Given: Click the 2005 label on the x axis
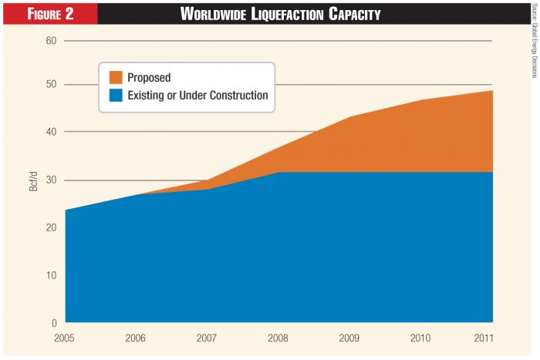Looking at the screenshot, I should point(66,338).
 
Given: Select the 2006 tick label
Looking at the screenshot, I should point(137,338).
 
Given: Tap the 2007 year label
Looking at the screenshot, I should point(208,338).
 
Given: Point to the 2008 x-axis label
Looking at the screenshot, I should point(278,338).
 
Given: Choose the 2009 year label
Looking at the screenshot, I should point(350,338).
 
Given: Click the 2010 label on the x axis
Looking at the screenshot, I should point(421,338).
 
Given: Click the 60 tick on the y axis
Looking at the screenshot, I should point(51,40).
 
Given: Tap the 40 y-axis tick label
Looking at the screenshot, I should point(51,132).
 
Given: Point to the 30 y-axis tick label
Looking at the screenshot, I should point(51,180).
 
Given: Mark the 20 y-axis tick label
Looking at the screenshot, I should point(51,227).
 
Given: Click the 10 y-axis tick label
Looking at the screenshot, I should point(51,275).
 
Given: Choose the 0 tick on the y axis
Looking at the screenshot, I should point(53,323).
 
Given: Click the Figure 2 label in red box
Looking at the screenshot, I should point(48,13).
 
